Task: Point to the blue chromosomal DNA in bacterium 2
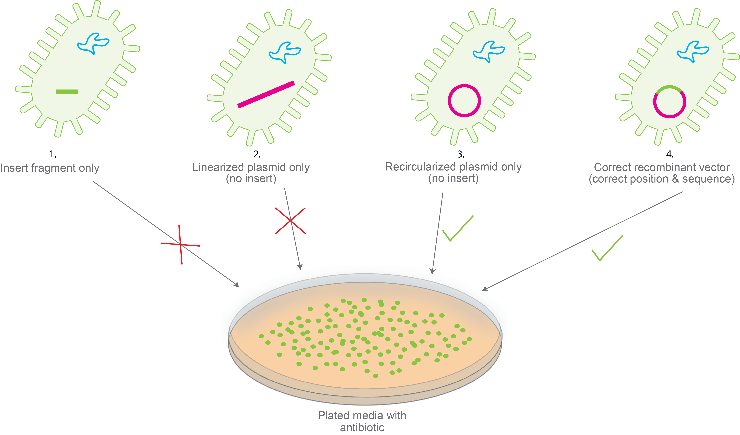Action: click(285, 52)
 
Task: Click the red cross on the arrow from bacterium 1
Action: click(180, 244)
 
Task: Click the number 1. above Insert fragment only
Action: click(53, 154)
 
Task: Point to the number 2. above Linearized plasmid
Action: click(257, 154)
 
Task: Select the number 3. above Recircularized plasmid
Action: click(461, 154)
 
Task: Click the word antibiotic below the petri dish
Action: click(362, 428)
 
